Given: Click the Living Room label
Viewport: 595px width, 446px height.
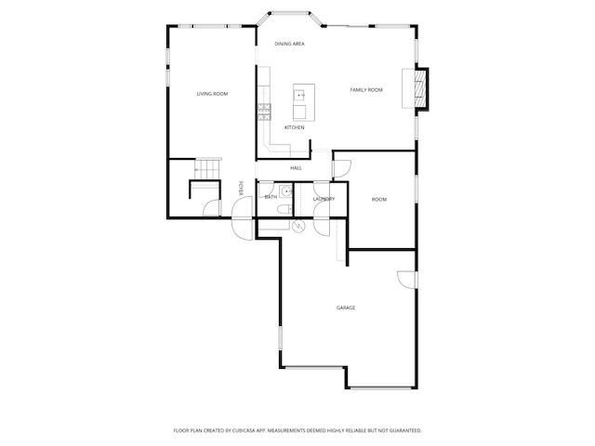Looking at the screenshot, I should pyautogui.click(x=212, y=94).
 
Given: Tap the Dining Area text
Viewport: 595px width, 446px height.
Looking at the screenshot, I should pyautogui.click(x=289, y=44).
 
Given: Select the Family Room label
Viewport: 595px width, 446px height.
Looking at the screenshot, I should pyautogui.click(x=366, y=90).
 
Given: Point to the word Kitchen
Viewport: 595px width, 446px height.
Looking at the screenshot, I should pyautogui.click(x=294, y=127).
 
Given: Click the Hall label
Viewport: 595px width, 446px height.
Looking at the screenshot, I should pyautogui.click(x=296, y=168).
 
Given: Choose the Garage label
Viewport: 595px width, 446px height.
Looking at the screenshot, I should pyautogui.click(x=346, y=308).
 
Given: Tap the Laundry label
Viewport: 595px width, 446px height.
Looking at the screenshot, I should pyautogui.click(x=324, y=199).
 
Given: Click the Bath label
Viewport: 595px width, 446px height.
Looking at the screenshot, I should pyautogui.click(x=271, y=197).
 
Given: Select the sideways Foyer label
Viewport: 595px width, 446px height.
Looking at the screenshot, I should pyautogui.click(x=241, y=189).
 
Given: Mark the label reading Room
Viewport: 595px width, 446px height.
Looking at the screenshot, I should pyautogui.click(x=379, y=200).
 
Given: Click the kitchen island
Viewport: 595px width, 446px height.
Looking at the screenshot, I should pyautogui.click(x=299, y=102).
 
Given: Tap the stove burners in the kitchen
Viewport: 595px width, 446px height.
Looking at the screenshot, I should pyautogui.click(x=264, y=111).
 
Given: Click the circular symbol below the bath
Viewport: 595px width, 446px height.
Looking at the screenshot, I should pyautogui.click(x=298, y=226).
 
